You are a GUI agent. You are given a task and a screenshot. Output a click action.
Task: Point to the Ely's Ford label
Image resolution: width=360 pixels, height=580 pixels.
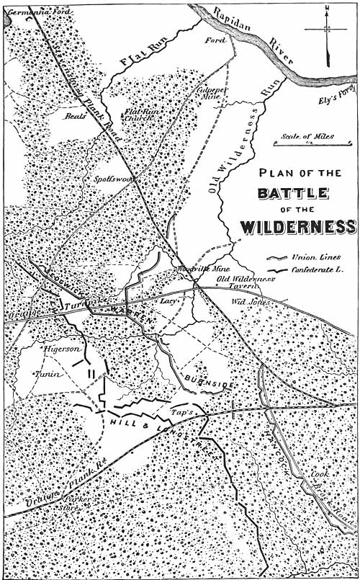coord(336,102)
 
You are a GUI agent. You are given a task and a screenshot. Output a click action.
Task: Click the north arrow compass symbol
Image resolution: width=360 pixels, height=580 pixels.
coord(326,29)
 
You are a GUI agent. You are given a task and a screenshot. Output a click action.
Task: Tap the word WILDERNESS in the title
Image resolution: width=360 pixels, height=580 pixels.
coord(297,227)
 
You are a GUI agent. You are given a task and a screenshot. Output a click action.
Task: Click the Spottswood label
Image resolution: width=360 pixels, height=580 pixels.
coord(108,178)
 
